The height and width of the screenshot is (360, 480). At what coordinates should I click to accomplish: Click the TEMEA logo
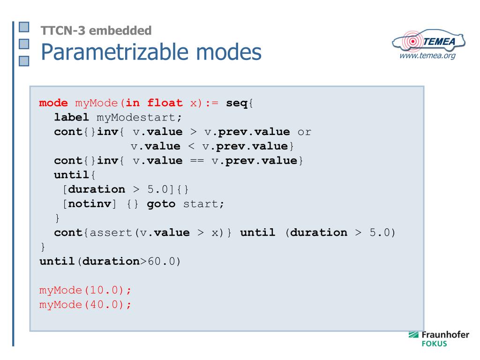pyautogui.click(x=430, y=42)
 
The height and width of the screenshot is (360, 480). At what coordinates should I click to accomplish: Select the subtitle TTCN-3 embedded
pyautogui.click(x=96, y=31)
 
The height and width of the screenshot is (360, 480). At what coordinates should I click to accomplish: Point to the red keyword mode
pyautogui.click(x=53, y=103)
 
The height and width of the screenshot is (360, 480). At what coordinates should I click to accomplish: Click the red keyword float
pyautogui.click(x=165, y=103)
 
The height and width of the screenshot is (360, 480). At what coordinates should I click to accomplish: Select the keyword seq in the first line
pyautogui.click(x=237, y=103)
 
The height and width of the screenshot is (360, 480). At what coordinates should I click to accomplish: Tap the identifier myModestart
pyautogui.click(x=139, y=117)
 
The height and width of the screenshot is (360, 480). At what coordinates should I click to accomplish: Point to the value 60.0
pyautogui.click(x=164, y=262)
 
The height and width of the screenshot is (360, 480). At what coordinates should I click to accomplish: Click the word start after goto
pyautogui.click(x=202, y=204)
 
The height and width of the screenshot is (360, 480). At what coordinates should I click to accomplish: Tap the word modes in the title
pyautogui.click(x=232, y=53)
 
